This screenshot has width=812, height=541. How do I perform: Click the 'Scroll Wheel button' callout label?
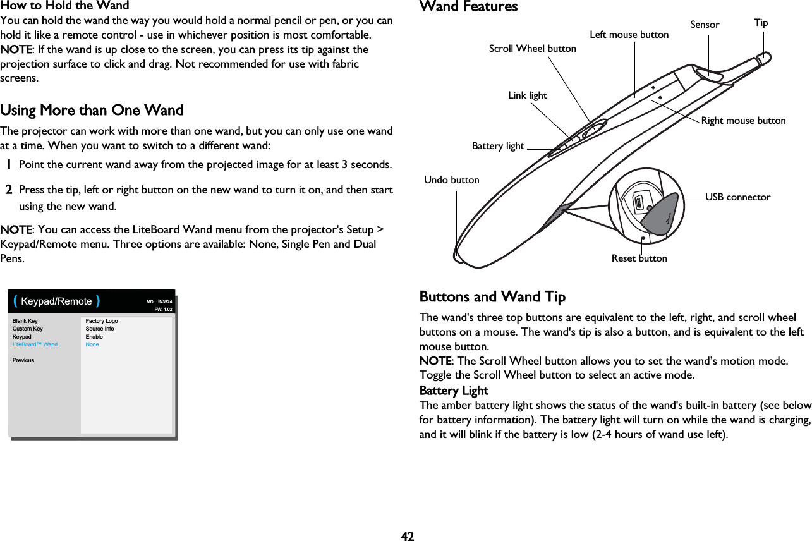point(532,49)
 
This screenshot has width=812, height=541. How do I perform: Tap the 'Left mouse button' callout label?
point(629,35)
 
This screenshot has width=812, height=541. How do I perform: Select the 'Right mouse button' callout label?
point(743,120)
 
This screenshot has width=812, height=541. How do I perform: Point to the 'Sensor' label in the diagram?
point(705,25)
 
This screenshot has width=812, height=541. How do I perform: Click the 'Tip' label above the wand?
point(761,23)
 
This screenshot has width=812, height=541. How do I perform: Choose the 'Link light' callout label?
point(527,95)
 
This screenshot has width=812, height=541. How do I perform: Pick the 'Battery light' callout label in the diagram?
point(498,146)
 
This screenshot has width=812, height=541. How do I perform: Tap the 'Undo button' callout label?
point(451,180)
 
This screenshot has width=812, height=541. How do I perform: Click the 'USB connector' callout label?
point(737,197)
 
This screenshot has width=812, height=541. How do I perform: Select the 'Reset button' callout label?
point(639,258)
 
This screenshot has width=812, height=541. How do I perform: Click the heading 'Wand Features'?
point(468,7)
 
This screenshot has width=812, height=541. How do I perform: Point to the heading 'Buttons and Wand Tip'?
point(492,297)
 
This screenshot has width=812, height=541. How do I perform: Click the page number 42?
point(408,536)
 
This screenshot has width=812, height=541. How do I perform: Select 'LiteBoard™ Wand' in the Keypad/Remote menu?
point(35,344)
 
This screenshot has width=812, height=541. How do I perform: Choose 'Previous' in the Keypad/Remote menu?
point(23,360)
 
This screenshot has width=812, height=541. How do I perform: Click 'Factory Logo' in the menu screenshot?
point(102,321)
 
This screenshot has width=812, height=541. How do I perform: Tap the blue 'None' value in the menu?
point(92,344)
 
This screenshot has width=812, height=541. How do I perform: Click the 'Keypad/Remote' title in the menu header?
point(57,301)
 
